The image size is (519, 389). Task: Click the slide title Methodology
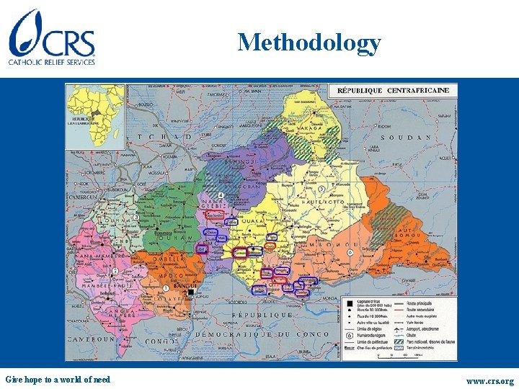tap(309, 43)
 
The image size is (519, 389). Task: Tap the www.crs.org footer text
tap(489, 380)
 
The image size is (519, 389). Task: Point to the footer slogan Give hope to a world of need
tap(58, 380)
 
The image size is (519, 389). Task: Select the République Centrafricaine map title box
tap(393, 91)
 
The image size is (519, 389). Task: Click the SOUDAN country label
tap(405, 137)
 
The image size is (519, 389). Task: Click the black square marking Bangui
tap(190, 283)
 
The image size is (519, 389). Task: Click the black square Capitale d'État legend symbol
tap(350, 304)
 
